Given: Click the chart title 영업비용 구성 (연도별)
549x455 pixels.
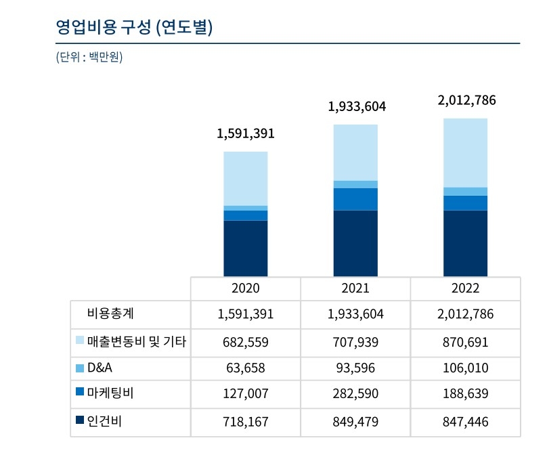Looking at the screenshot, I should (134, 28).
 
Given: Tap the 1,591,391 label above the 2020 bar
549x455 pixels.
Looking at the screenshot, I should (246, 133).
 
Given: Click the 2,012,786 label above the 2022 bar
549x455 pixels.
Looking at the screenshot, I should (466, 101).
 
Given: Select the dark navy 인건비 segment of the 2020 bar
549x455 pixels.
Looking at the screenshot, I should (246, 248).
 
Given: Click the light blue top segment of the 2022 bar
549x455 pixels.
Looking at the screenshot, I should (466, 152).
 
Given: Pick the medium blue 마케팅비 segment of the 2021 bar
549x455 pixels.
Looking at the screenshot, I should (355, 199).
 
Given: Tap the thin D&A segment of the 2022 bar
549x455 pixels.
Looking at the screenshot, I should (466, 191).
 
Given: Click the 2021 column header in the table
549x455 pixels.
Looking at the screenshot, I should (355, 288).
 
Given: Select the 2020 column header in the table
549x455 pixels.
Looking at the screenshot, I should (246, 288).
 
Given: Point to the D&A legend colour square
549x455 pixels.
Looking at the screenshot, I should (80, 368).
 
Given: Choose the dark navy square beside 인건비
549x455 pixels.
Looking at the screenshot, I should (80, 420).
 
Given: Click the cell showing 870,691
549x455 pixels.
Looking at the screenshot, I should (466, 341).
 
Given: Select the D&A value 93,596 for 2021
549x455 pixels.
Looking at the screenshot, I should (355, 368).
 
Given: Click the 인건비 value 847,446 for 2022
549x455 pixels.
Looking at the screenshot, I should (466, 422).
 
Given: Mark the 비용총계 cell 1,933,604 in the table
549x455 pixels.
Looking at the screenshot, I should (355, 314).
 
